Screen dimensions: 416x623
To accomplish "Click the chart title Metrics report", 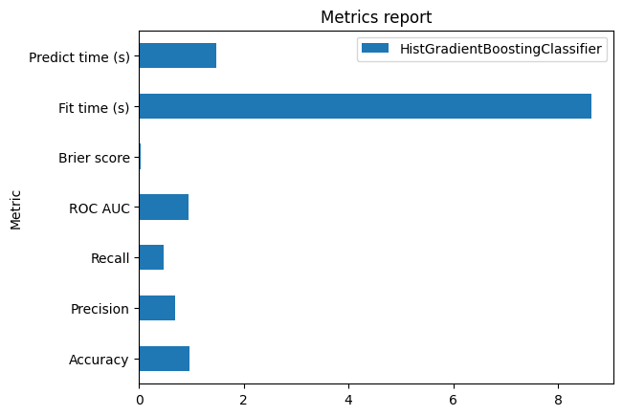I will (375, 17).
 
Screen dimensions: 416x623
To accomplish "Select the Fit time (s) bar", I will (365, 106).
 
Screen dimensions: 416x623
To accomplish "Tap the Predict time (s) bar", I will (177, 56).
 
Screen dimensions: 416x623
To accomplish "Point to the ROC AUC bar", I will (164, 207).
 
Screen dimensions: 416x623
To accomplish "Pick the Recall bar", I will (151, 257).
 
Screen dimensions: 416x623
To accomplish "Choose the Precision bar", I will (157, 308).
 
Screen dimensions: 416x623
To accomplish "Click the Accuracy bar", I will (164, 359).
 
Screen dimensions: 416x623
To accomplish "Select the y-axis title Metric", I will (15, 208).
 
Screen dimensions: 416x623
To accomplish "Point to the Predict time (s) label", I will (79, 56).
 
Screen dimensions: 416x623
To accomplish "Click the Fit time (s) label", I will (94, 106).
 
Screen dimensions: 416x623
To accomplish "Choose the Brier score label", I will (94, 157).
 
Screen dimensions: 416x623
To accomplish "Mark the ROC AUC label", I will (100, 208).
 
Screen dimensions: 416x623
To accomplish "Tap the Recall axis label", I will (110, 257).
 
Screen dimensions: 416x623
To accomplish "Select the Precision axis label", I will (100, 309).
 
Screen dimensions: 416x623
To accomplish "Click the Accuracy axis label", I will (99, 360).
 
